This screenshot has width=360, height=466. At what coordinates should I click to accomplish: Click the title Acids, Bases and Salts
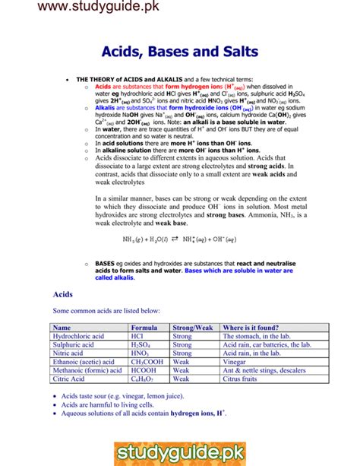click(179, 52)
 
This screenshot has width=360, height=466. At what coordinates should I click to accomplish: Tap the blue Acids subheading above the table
click(62, 293)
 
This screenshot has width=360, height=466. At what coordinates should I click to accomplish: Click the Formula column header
click(144, 328)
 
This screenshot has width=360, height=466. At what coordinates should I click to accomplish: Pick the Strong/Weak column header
click(193, 328)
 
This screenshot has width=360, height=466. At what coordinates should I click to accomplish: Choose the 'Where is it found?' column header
click(252, 328)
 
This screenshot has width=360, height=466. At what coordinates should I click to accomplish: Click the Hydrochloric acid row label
click(78, 336)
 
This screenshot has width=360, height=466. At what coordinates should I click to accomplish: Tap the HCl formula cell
click(137, 336)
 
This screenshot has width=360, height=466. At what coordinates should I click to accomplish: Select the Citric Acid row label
click(69, 379)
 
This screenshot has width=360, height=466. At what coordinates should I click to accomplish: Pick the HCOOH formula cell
click(143, 370)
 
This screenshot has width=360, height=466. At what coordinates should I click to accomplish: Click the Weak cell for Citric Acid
click(182, 379)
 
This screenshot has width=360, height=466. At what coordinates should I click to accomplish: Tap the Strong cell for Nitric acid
click(182, 353)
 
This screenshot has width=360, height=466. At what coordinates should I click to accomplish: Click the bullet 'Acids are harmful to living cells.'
click(113, 405)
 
